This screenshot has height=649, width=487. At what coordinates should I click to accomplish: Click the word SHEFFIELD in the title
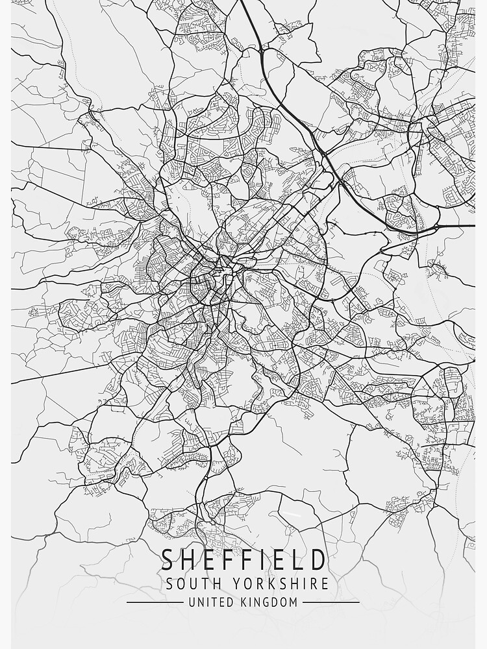coord(243,559)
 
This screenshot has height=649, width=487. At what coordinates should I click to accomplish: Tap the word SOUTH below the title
coord(189,583)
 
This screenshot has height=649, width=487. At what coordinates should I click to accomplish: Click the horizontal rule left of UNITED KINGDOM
coord(155,602)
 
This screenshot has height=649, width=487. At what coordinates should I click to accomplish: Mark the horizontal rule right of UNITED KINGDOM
coord(331,602)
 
